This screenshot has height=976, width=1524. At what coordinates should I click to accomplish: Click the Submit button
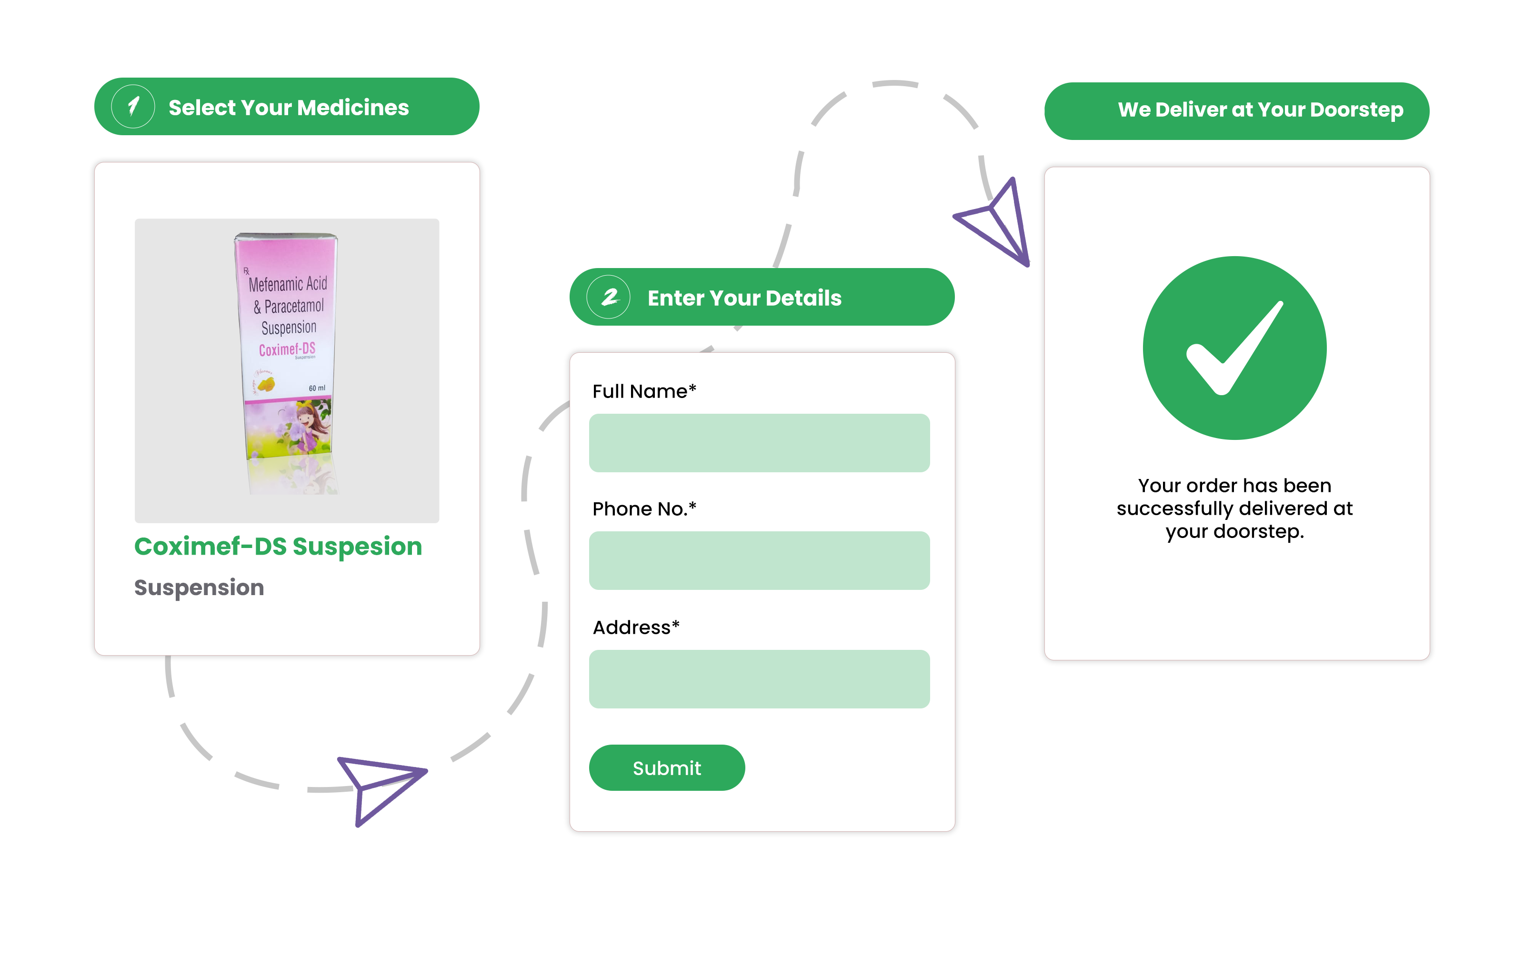tap(666, 767)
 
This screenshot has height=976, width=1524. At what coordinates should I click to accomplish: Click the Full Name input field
tap(759, 443)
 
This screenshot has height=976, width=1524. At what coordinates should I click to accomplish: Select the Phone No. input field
tap(759, 560)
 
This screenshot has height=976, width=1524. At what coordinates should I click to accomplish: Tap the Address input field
tap(759, 679)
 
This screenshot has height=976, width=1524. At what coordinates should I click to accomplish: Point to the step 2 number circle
tap(608, 297)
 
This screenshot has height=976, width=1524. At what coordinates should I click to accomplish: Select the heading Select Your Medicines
tap(289, 108)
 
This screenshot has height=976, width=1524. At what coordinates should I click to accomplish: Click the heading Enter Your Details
tap(744, 298)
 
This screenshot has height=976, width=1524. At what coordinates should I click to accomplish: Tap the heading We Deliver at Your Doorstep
tap(1260, 110)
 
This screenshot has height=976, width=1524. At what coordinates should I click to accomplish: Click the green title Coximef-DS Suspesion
tap(278, 546)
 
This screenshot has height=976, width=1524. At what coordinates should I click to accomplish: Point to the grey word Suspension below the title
tap(199, 588)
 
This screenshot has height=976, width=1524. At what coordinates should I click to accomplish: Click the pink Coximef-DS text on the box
tap(287, 349)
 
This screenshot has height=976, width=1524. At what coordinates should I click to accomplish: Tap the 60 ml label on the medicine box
tap(317, 388)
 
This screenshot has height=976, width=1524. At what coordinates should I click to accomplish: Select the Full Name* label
tap(643, 391)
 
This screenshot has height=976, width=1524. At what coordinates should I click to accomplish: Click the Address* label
tap(635, 627)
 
